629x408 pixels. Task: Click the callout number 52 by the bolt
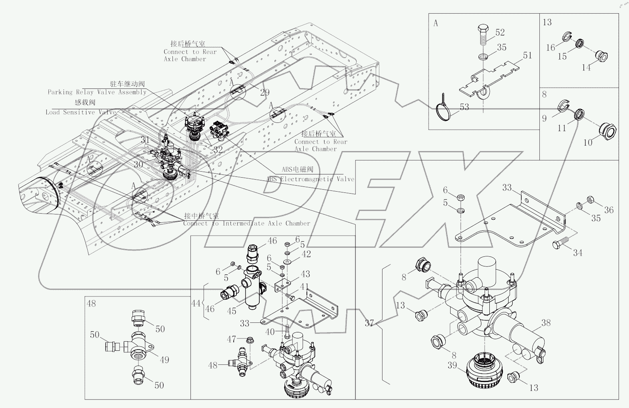click(500, 32)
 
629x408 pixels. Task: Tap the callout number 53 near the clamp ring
click(464, 107)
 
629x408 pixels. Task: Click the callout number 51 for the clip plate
click(527, 55)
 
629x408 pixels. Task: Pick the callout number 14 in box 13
click(586, 68)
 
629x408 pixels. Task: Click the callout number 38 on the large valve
click(545, 323)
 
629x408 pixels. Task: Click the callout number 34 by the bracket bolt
click(577, 253)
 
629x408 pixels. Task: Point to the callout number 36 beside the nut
click(608, 210)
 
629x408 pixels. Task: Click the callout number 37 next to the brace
click(369, 322)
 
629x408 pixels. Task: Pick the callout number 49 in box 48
click(164, 360)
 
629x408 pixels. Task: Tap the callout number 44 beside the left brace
click(195, 304)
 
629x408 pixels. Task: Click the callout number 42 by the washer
click(306, 254)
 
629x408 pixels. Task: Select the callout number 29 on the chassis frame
click(264, 92)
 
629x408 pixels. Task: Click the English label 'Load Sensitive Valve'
click(81, 112)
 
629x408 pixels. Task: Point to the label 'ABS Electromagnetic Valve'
click(310, 179)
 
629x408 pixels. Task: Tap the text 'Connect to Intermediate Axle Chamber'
click(246, 224)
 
